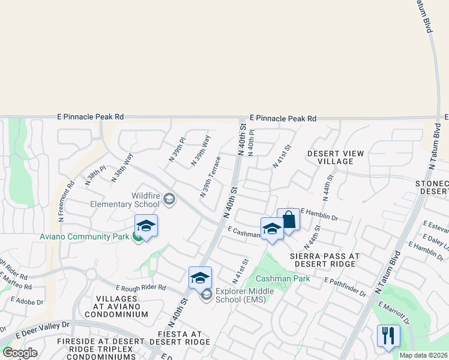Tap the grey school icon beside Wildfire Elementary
(170, 199)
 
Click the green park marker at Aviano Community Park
(138, 237)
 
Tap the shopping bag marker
(288, 220)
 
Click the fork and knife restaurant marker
(388, 335)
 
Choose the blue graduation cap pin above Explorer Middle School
(200, 277)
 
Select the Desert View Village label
(336, 157)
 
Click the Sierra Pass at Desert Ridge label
(325, 260)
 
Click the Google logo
(20, 353)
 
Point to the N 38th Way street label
(122, 167)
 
